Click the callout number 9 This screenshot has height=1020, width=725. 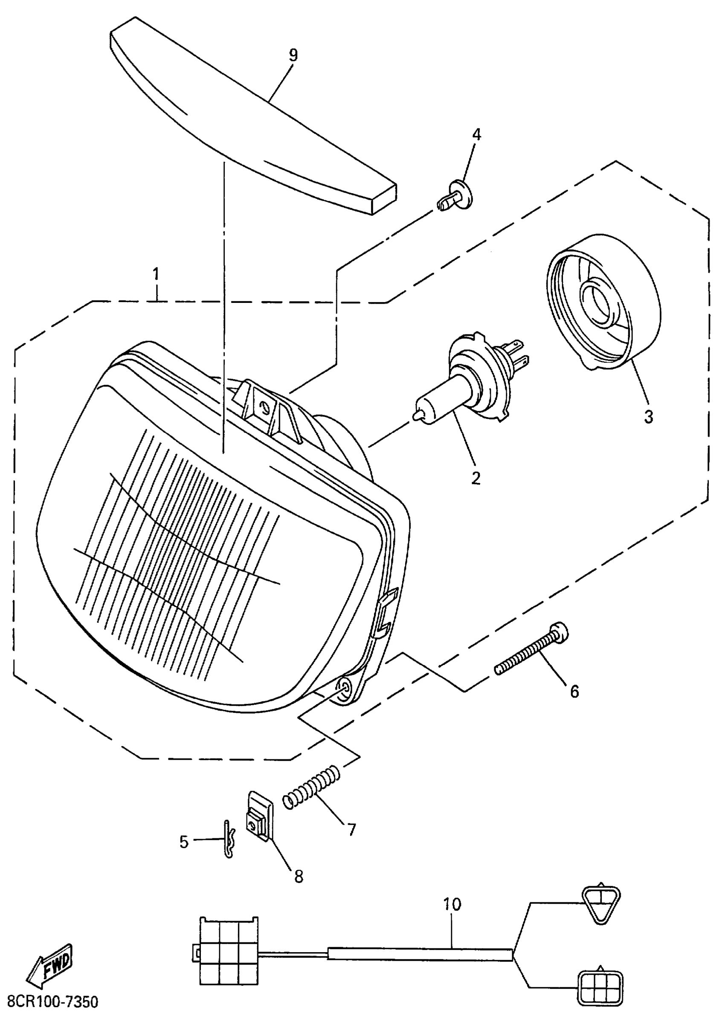click(x=293, y=55)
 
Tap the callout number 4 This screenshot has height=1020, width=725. click(x=477, y=134)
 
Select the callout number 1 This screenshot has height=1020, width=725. click(x=156, y=274)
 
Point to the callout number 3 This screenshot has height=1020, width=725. click(x=648, y=417)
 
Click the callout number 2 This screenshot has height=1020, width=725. click(x=476, y=478)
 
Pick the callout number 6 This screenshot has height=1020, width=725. click(x=574, y=692)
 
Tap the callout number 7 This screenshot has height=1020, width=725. click(x=352, y=829)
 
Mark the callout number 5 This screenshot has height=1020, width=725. click(x=184, y=842)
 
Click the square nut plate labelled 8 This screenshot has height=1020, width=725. click(x=260, y=816)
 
